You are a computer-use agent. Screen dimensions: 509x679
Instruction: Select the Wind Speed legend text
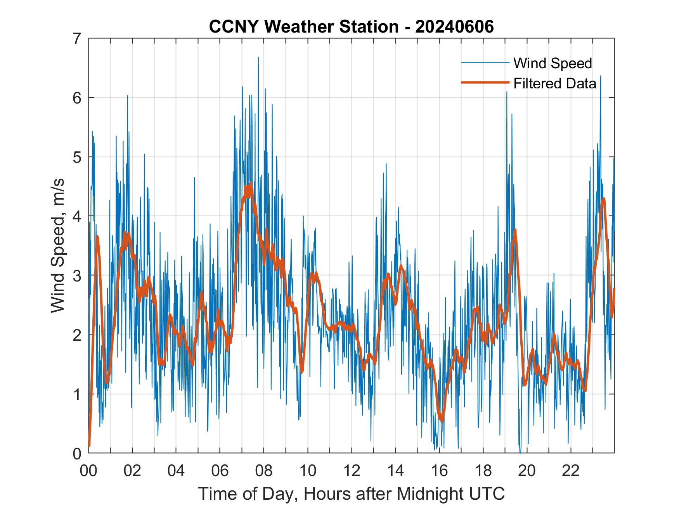[x=553, y=63]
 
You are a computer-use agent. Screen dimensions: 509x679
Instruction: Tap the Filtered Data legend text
[x=554, y=83]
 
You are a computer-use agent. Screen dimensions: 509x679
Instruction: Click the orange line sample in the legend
[x=485, y=83]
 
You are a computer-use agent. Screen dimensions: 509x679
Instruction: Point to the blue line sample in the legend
[x=485, y=63]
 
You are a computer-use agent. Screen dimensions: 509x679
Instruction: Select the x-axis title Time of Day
[x=351, y=493]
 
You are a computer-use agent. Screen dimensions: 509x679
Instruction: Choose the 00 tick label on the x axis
[x=88, y=471]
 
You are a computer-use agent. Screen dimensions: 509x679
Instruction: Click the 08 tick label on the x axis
[x=264, y=471]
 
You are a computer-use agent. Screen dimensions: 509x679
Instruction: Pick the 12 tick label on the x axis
[x=352, y=471]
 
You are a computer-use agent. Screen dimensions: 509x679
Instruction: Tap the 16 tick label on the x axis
[x=439, y=471]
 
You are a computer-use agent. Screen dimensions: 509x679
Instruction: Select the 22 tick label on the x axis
[x=570, y=471]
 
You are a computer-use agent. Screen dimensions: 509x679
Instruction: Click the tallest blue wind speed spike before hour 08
[x=258, y=58]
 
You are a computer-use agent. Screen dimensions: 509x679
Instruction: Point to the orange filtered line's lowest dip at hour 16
[x=441, y=420]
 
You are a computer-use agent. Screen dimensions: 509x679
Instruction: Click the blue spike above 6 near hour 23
[x=600, y=76]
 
